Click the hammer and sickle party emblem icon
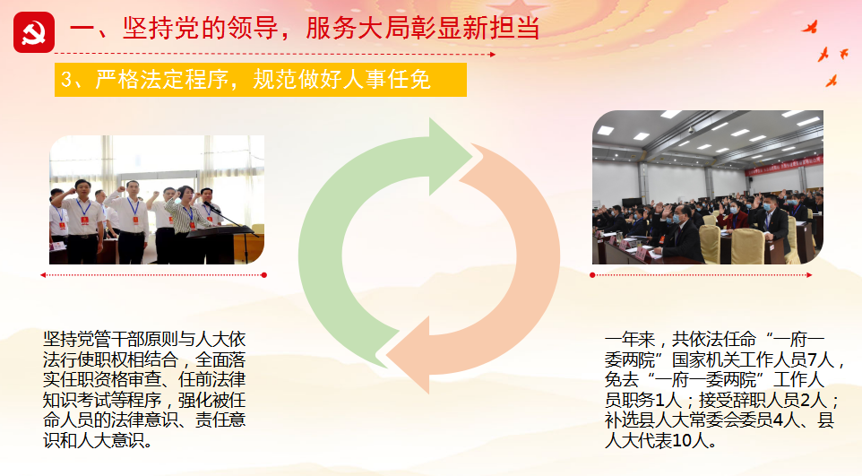[34, 32]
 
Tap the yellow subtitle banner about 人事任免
[261, 80]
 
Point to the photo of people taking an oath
[157, 200]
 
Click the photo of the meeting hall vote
[708, 187]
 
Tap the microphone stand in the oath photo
[231, 226]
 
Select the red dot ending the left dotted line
[263, 275]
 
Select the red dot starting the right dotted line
[592, 275]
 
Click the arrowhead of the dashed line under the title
[493, 55]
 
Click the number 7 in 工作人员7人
[812, 359]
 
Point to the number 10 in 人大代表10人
[681, 441]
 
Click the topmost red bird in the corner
[810, 27]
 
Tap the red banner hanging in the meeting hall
[783, 165]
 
